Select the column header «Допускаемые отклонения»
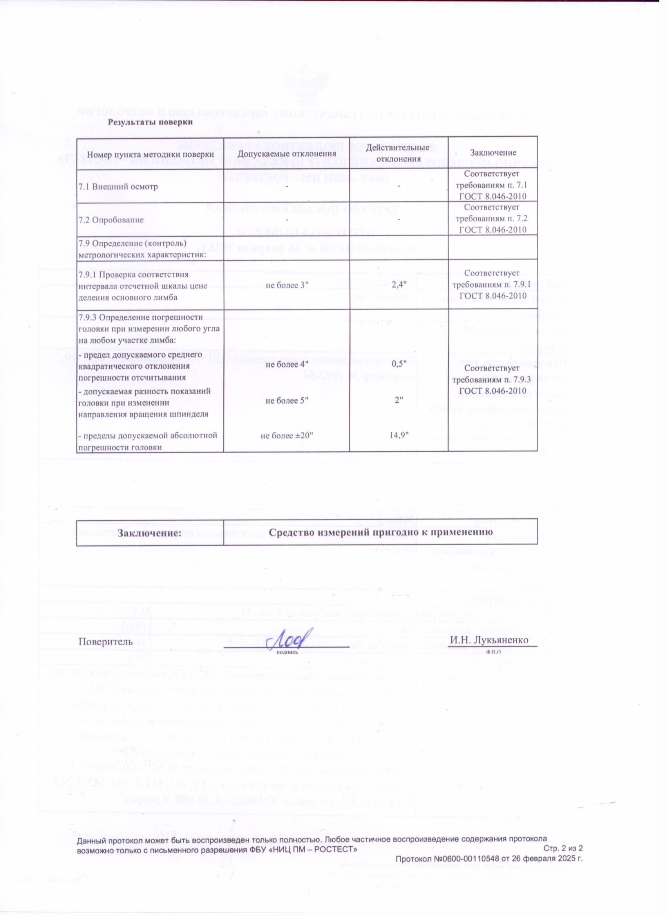[x=286, y=154]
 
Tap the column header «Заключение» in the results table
[x=493, y=154]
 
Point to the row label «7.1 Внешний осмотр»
[x=118, y=187]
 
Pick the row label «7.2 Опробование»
[x=111, y=220]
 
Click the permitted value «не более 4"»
[x=286, y=364]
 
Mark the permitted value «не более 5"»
[x=286, y=400]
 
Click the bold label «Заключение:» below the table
[x=150, y=533]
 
